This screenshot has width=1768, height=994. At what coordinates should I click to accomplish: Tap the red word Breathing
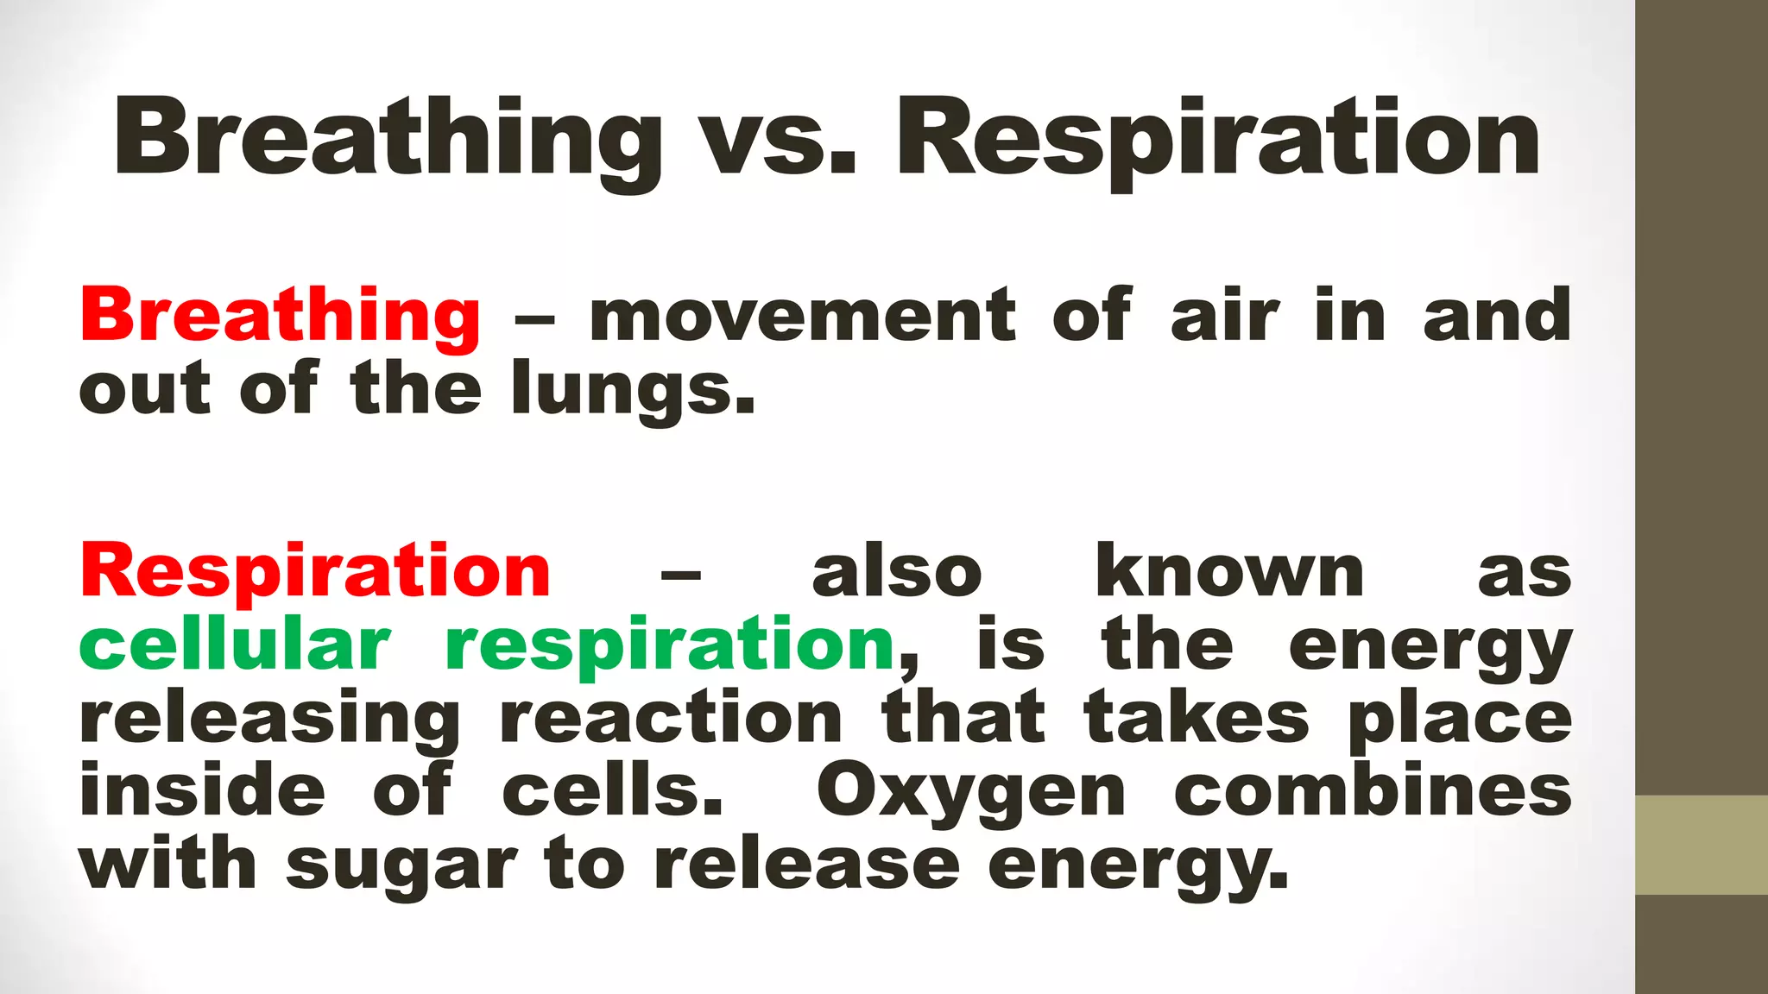(x=280, y=317)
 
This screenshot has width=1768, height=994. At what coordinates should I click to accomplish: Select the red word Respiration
(x=315, y=572)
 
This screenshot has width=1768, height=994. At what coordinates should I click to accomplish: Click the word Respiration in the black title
(x=1217, y=140)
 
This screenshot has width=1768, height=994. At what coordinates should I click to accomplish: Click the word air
(x=1224, y=317)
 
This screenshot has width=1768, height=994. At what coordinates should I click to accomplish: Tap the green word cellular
(x=235, y=645)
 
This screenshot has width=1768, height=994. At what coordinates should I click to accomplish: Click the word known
(x=1229, y=572)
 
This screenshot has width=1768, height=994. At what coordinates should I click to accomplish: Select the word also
(x=897, y=572)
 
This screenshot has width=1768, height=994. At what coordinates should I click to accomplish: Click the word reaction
(x=671, y=719)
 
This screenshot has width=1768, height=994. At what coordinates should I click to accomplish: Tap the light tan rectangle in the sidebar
(x=1702, y=845)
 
